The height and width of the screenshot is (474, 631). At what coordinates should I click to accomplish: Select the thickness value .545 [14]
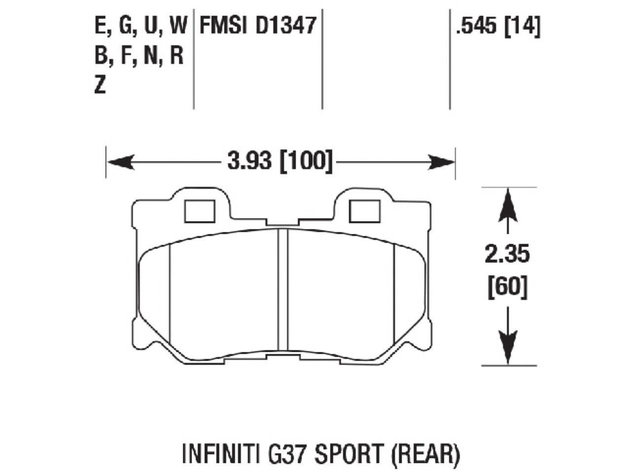tap(498, 26)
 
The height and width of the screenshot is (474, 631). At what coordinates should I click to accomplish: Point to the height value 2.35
tap(507, 255)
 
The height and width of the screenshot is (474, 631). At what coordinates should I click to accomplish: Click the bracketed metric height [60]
tap(507, 286)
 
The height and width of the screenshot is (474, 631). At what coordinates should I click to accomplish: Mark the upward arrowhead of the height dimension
tap(508, 207)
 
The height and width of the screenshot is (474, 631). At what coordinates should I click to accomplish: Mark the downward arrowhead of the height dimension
tap(508, 346)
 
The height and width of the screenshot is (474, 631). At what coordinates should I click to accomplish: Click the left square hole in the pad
tap(199, 211)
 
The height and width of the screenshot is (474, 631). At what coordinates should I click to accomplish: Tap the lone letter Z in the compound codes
tap(100, 86)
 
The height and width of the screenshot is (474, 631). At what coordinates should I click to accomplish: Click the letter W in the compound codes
tap(177, 26)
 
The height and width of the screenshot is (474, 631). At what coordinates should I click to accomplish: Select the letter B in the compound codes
tap(101, 56)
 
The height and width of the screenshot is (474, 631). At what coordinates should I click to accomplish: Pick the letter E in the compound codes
tap(101, 26)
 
